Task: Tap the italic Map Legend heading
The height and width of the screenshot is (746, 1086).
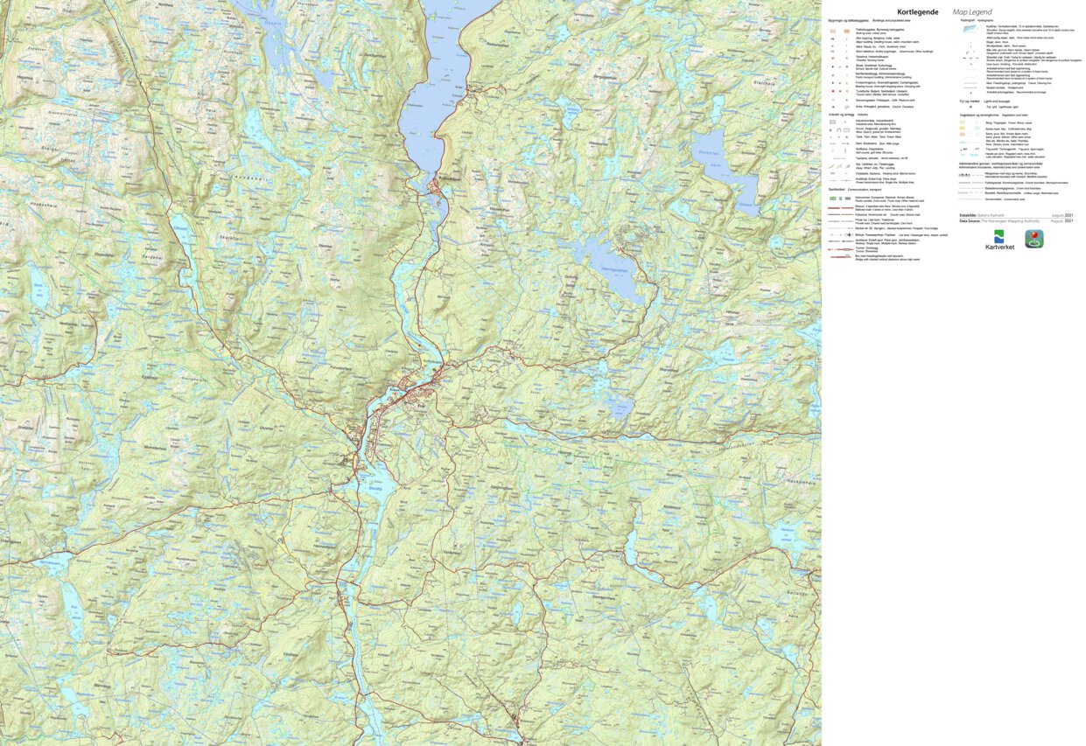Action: [x=972, y=12]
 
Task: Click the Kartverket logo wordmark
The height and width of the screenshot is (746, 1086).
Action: [x=998, y=248]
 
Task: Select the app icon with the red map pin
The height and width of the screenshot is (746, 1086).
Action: [x=1034, y=239]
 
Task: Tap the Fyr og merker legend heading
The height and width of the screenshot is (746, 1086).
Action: [x=970, y=101]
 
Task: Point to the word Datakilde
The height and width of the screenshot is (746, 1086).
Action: [x=967, y=215]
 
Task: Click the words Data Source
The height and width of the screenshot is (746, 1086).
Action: [x=969, y=221]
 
